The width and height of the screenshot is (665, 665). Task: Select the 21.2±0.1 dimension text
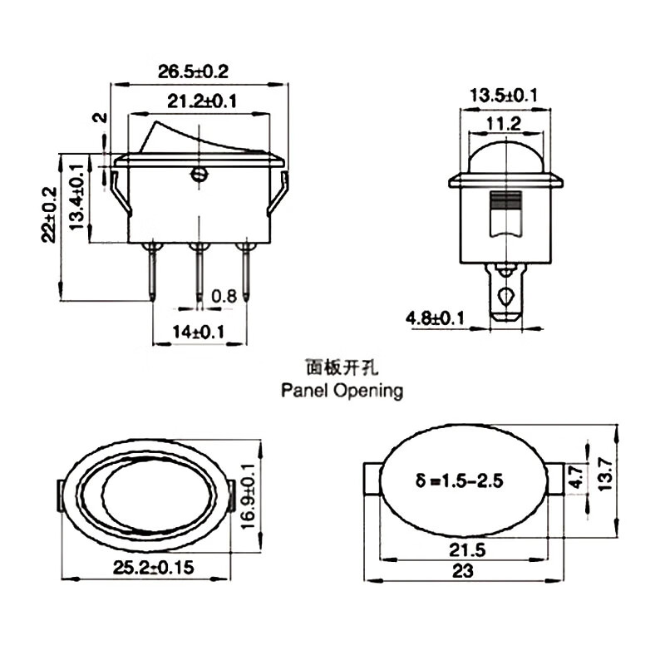tap(202, 102)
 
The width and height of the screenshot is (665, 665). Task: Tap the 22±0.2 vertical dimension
tap(49, 213)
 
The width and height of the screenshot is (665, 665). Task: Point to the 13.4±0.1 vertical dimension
tap(76, 196)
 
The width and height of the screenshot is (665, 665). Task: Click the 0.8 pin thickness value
tap(224, 295)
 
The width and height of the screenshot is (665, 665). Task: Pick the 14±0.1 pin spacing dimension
tap(199, 332)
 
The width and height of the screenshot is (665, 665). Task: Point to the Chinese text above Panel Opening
tap(342, 366)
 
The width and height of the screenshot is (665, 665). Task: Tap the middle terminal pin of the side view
tap(199, 270)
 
